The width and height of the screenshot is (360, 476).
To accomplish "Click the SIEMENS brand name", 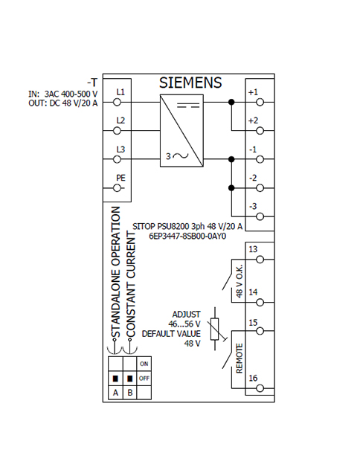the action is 190,83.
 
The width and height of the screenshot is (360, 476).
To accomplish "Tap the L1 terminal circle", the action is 117,103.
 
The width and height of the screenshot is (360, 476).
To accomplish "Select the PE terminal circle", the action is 117,188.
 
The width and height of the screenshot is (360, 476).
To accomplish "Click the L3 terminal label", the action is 120,149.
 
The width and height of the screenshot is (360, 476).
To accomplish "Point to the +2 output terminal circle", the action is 260,131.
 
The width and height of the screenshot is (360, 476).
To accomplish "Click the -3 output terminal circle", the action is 260,216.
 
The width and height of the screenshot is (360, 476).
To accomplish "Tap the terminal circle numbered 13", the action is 260,260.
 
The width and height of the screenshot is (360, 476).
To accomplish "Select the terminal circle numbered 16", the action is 260,388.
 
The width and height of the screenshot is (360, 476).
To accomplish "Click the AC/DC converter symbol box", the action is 181,131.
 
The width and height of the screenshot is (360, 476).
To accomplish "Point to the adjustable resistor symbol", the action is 215,329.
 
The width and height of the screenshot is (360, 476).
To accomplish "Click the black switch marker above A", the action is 115,379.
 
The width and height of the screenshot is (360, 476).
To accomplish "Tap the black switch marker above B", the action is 130,379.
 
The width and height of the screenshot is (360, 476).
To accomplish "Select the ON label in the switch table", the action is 144,364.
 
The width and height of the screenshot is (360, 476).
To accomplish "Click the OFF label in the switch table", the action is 144,379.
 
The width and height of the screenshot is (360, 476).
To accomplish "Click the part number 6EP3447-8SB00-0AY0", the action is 187,237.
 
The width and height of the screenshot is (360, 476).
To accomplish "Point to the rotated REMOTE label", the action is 240,358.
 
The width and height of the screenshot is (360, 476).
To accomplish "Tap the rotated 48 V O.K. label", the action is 240,281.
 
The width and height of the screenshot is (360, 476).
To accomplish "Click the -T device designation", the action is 92,83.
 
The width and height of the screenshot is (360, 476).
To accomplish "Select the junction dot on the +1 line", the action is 231,103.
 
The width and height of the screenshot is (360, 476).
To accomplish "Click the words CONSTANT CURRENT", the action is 131,284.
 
